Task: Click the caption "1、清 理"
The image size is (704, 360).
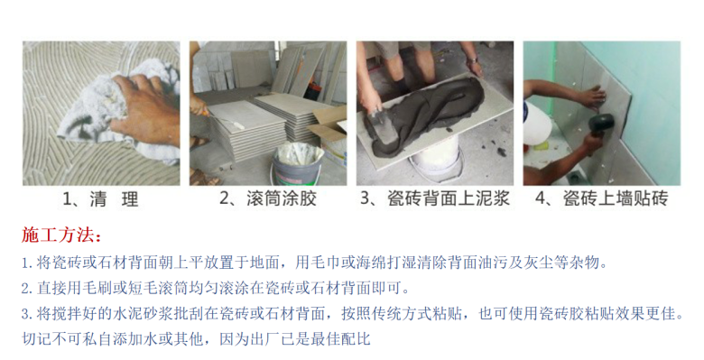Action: pos(100,198)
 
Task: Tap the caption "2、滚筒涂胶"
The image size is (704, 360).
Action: pos(268,198)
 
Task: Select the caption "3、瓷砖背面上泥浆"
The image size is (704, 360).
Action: pos(435,198)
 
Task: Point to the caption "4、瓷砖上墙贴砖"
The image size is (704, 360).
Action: pos(602,198)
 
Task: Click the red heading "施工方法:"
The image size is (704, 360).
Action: pos(61,235)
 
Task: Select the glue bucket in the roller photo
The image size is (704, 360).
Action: pos(296,165)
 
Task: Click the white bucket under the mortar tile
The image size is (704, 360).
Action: pos(435,160)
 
